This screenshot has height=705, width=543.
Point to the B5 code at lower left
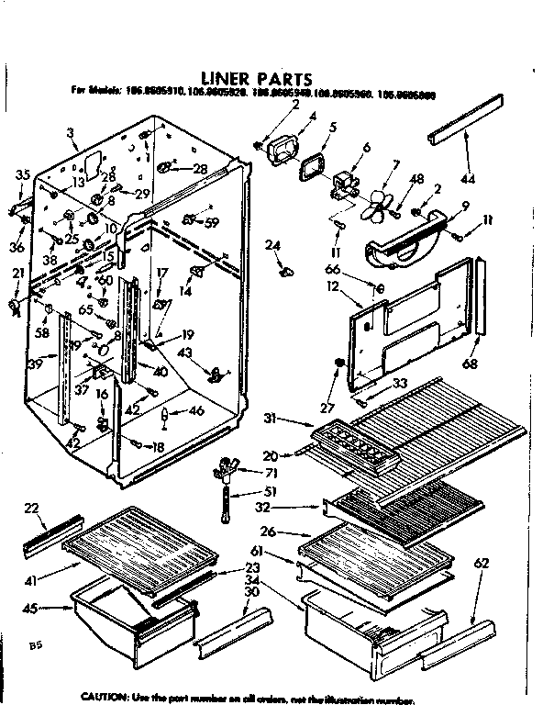[36, 646]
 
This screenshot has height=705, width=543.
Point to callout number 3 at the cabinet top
[70, 136]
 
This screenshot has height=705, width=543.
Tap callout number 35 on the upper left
[23, 173]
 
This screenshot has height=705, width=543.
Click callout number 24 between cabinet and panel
[273, 244]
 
